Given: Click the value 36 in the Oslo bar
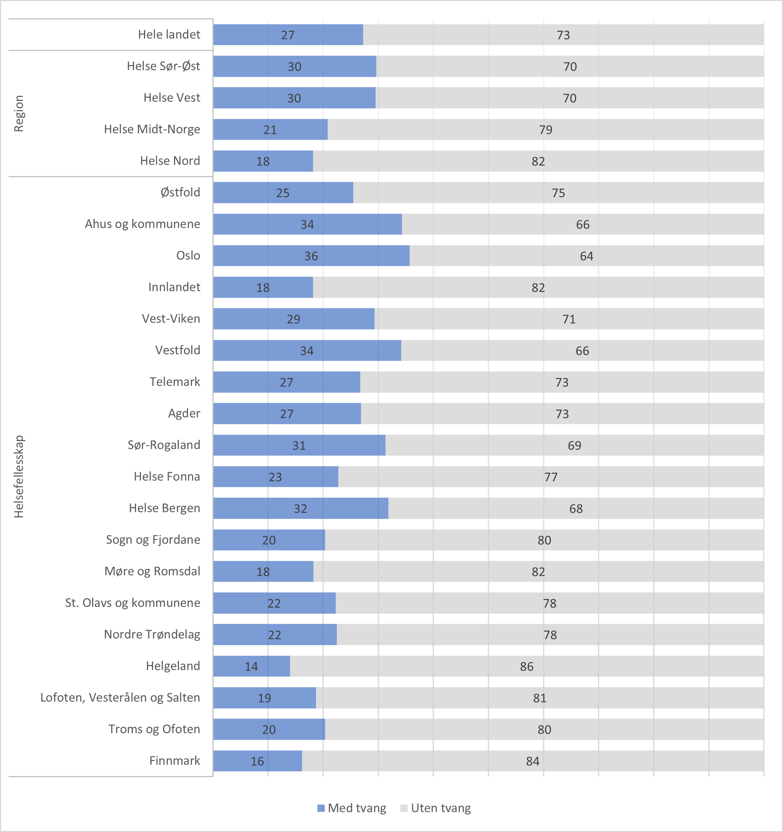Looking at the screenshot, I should tap(311, 256).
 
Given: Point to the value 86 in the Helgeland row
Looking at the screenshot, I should tap(527, 667).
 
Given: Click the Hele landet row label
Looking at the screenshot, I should tap(169, 34).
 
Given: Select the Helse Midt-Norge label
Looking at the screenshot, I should tap(152, 129).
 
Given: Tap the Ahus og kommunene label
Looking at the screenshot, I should tap(142, 224).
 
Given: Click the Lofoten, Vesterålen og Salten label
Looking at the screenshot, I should tap(120, 698).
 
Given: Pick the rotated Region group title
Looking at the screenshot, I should tap(19, 113).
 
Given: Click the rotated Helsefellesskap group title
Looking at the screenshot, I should tap(19, 477).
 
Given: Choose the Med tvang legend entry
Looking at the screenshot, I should tap(352, 808).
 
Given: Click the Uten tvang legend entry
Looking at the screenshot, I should tap(436, 808).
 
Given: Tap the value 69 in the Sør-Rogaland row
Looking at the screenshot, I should tap(574, 446).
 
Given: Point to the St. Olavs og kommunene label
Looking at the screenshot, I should tap(133, 603).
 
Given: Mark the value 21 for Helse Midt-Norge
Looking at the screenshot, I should tap(270, 130).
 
